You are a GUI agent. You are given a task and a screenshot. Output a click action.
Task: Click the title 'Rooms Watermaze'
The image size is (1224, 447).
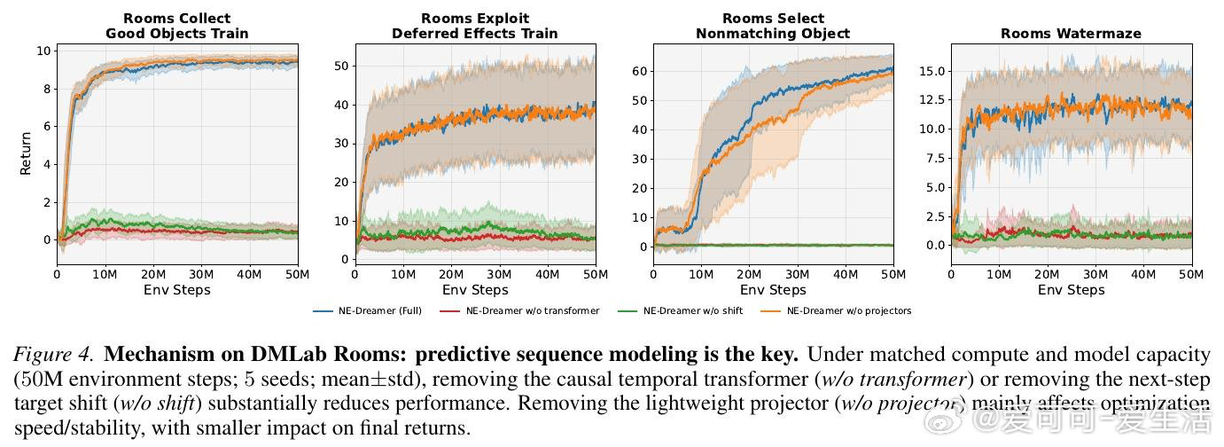(1071, 34)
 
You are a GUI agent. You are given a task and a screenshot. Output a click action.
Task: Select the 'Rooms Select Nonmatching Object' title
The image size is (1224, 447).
(772, 26)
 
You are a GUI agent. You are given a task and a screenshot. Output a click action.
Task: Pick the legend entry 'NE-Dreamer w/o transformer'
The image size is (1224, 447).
(532, 310)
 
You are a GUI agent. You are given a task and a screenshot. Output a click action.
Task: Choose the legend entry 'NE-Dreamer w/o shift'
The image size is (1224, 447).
(693, 310)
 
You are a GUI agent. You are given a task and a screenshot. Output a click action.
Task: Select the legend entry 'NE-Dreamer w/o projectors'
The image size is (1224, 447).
(848, 310)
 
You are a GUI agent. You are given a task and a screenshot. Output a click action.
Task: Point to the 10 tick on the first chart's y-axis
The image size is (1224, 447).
(43, 51)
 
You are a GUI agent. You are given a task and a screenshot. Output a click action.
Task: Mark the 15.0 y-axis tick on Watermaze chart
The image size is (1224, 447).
(931, 71)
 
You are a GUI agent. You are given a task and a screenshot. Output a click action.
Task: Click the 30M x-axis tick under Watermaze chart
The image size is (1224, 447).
(1095, 275)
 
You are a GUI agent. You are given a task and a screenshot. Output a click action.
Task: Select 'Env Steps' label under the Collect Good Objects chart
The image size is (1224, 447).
(177, 290)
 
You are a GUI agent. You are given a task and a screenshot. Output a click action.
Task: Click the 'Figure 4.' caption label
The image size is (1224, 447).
(53, 355)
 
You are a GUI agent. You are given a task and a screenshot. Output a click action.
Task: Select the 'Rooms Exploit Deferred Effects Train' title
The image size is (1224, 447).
(475, 26)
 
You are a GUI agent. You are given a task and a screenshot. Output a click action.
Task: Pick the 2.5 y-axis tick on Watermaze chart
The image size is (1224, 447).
(933, 216)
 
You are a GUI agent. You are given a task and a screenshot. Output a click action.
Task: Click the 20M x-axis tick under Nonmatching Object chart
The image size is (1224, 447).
(750, 275)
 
